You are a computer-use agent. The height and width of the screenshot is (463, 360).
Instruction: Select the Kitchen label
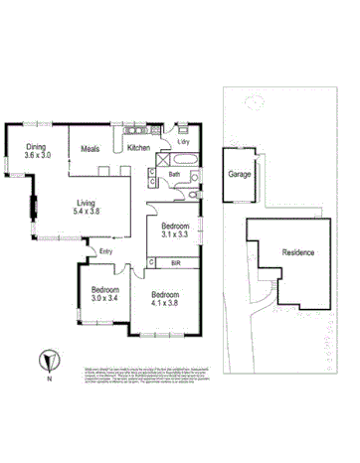click(138, 148)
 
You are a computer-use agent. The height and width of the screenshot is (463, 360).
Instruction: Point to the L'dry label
click(183, 142)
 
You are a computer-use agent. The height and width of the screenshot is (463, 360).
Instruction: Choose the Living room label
click(87, 202)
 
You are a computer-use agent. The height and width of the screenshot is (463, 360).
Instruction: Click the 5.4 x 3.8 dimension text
click(87, 212)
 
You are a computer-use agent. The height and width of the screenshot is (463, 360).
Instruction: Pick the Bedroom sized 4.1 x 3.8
click(167, 296)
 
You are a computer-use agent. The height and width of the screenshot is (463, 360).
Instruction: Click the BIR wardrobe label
click(175, 262)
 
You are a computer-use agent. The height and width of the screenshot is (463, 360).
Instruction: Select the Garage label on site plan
click(239, 173)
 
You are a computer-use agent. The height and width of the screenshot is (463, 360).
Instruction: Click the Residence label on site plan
click(298, 252)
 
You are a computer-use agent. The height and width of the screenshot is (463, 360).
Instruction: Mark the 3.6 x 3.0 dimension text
click(37, 156)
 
